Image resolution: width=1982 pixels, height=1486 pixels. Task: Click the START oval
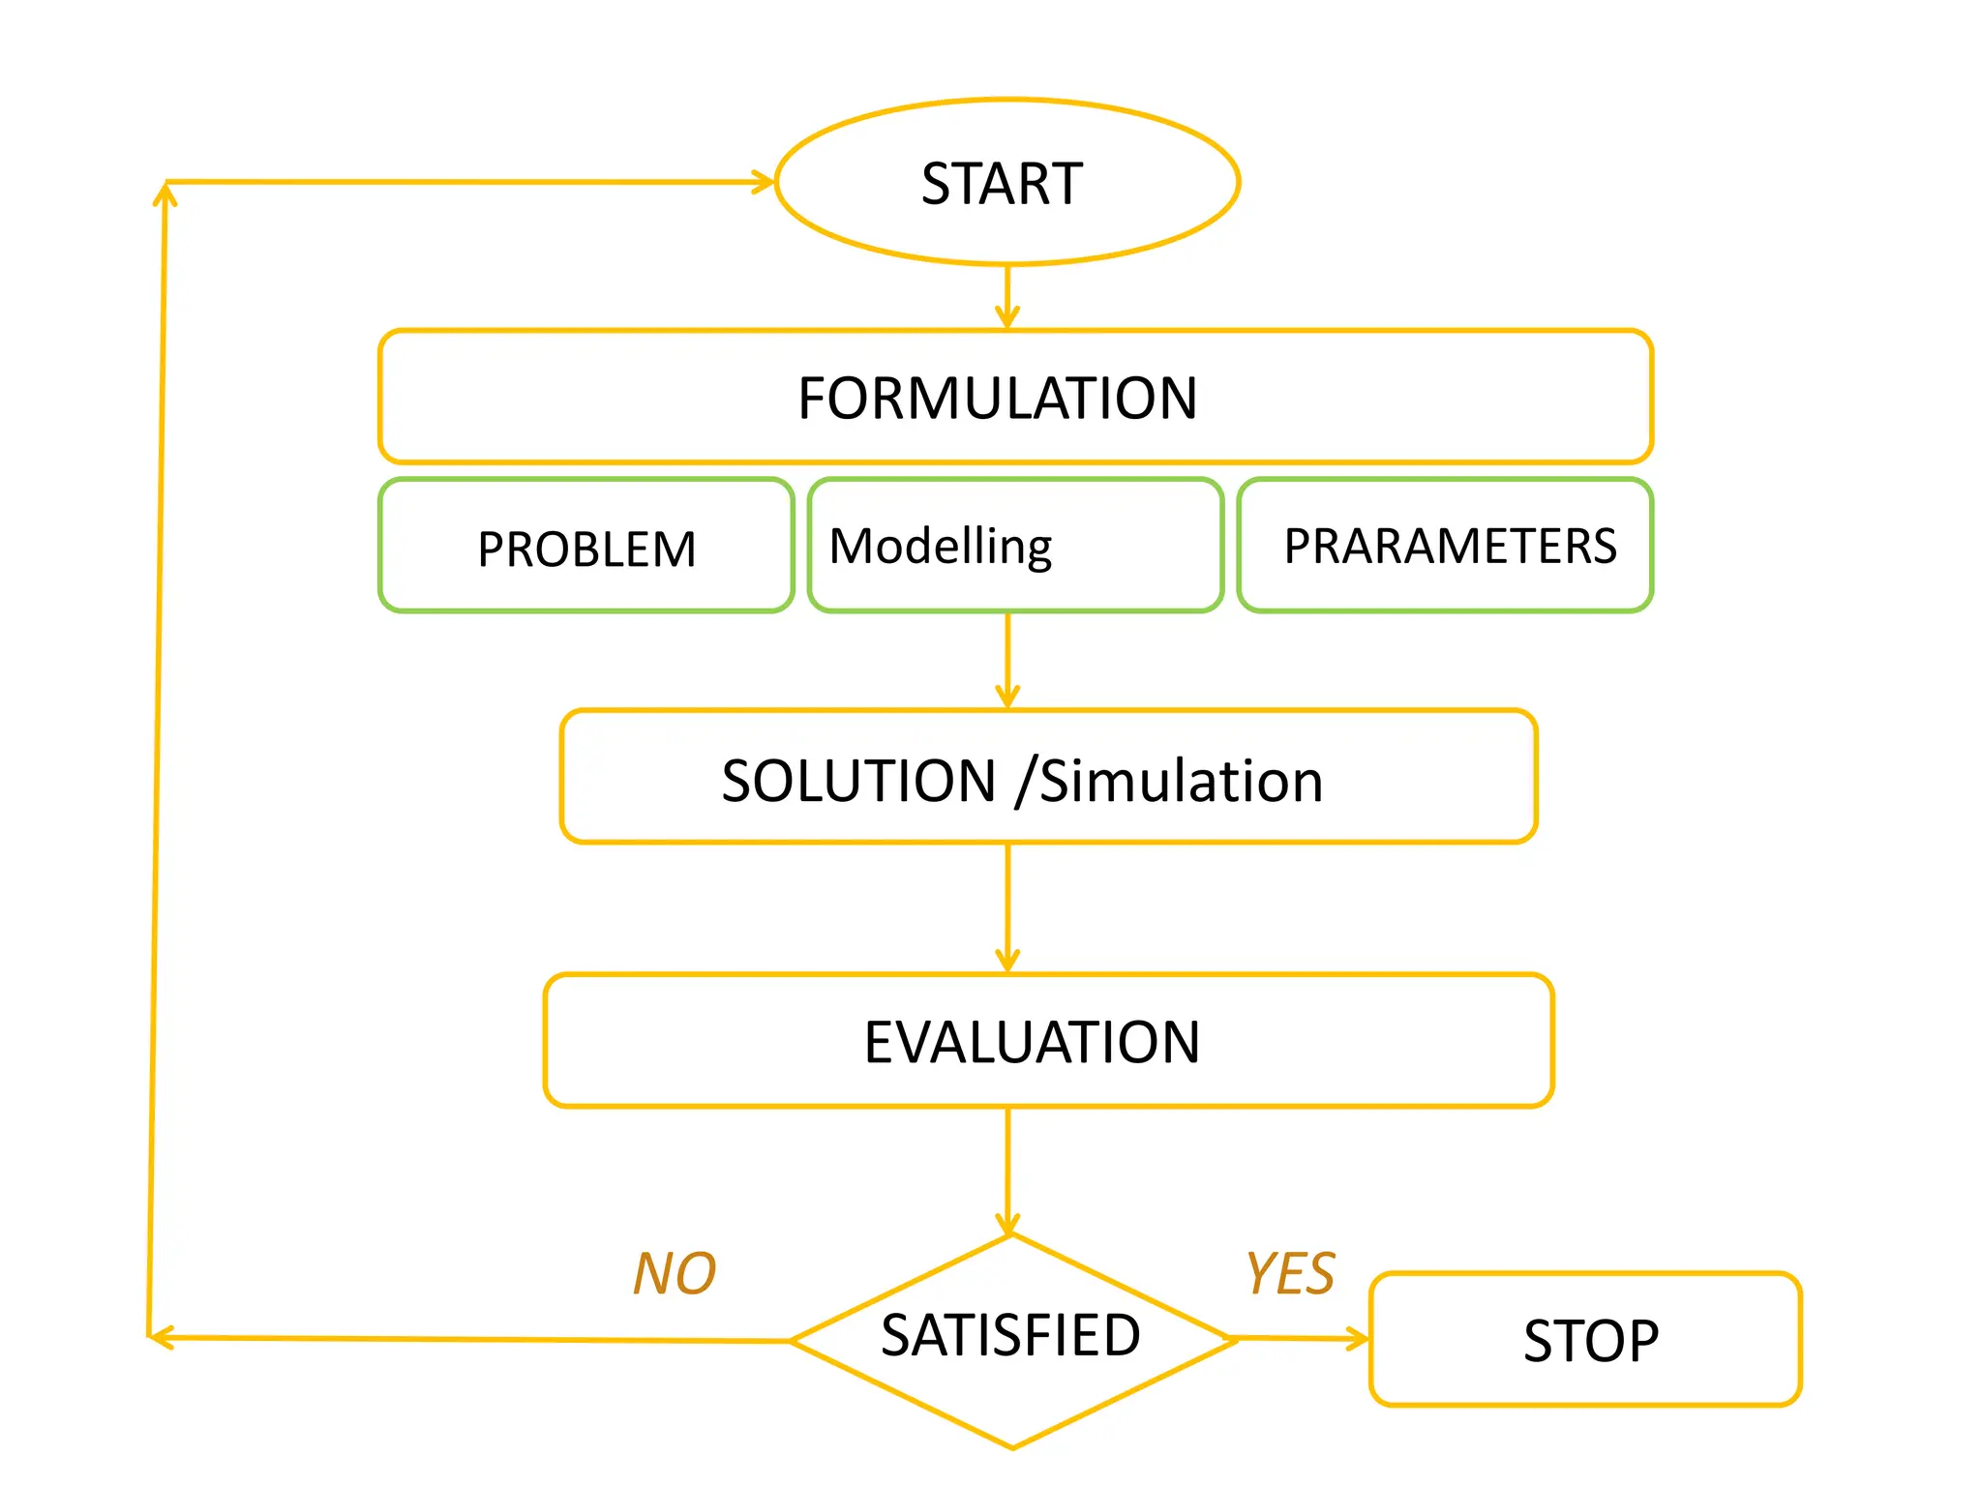click(x=1006, y=182)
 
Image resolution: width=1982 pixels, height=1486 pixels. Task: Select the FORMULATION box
click(x=1014, y=397)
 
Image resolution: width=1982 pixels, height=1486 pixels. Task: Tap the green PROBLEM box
click(x=586, y=547)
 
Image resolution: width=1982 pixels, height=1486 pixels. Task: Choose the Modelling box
click(x=1014, y=546)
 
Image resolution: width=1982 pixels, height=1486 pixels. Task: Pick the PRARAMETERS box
click(x=1445, y=546)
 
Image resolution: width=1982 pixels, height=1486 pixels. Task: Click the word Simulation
click(x=1181, y=781)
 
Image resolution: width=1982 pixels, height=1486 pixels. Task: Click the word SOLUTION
click(x=859, y=781)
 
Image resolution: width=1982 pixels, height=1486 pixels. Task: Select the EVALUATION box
click(x=1048, y=1041)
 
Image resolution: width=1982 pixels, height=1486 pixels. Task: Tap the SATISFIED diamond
click(x=1011, y=1340)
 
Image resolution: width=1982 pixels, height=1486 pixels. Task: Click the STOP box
click(x=1585, y=1340)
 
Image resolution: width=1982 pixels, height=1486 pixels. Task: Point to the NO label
click(x=675, y=1273)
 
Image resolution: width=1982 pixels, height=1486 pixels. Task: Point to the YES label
click(x=1290, y=1273)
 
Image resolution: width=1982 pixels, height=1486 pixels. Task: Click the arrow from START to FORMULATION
click(x=1007, y=296)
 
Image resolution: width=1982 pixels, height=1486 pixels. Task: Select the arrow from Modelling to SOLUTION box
click(x=1007, y=660)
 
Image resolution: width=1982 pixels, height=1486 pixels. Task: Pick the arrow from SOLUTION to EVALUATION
click(x=1007, y=907)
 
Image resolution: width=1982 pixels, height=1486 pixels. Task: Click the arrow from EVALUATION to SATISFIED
click(x=1007, y=1171)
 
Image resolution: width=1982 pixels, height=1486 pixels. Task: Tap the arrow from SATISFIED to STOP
click(x=1302, y=1339)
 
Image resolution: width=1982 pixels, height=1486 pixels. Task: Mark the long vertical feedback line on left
click(x=157, y=755)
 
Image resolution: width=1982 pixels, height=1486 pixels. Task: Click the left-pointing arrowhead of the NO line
click(x=160, y=1338)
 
